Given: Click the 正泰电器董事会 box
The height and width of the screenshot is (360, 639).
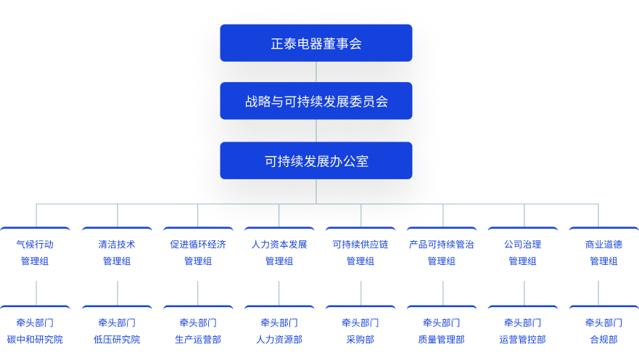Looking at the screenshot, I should coord(316,43).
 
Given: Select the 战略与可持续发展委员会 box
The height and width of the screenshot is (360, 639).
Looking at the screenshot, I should coord(316,101).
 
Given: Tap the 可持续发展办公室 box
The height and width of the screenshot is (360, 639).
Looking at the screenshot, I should coord(316,160).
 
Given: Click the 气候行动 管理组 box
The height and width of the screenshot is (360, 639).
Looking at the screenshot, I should coord(36,253).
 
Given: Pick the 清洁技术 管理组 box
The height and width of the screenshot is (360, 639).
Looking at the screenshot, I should coord(117,253).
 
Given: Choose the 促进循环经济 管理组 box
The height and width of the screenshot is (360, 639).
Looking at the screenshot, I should coord(198,253).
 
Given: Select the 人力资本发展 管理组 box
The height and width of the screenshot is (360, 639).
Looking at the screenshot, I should coord(279,253).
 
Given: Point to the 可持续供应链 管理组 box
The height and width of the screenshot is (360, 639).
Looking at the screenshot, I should coord(360,253).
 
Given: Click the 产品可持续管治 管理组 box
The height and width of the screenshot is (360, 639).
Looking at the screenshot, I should coord(442,253).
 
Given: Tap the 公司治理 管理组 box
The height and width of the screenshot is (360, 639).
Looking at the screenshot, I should coord(523,253).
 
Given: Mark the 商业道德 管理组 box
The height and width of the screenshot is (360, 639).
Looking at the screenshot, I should coord(603,253).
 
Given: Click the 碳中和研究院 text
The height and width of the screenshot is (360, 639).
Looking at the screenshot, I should coord(36,340).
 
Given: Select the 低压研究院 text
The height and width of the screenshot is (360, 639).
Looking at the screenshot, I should coord(117,340).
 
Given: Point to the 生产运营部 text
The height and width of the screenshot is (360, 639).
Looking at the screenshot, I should coord(198,340).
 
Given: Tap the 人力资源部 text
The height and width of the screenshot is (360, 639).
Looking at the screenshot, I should coord(279,340).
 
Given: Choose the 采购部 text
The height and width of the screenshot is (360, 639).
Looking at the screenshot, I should coord(360,340).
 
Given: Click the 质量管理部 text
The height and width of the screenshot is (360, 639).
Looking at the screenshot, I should coord(442,340).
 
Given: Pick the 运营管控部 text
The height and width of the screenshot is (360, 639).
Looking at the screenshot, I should coord(523,340).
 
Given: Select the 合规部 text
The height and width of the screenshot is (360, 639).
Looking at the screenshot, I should coord(603,340).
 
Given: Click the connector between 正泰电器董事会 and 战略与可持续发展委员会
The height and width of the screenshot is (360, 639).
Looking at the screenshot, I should coord(316,72).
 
